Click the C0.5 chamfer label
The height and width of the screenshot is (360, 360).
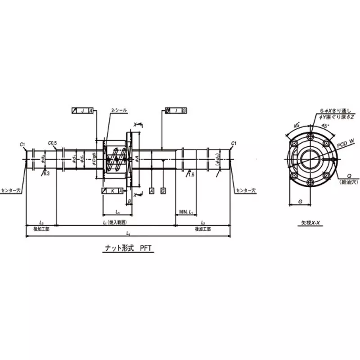(x=53, y=143)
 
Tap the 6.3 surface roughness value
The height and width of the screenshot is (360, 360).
(x=47, y=173)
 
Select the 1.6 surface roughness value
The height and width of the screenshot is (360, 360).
(x=191, y=174)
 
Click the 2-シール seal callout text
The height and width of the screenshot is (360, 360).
(x=119, y=110)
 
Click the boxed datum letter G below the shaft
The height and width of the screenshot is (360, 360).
(x=162, y=191)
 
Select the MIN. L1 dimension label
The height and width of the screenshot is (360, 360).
(x=186, y=211)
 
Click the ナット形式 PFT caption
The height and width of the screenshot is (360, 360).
(x=127, y=247)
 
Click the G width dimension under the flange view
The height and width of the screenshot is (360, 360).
(x=300, y=202)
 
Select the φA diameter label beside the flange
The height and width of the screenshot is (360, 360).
(x=137, y=158)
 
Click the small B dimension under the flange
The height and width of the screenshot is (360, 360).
(x=130, y=201)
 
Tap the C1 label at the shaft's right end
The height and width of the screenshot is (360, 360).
(x=233, y=143)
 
